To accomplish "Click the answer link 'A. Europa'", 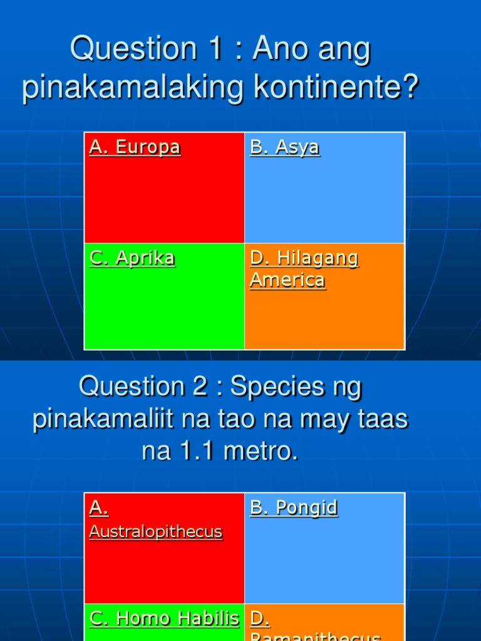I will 135,147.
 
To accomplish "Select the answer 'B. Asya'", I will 285,147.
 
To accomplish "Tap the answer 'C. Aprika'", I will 132,258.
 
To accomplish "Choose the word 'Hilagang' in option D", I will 318,258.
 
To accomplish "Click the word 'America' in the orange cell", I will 287,280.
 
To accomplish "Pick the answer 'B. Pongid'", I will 294,508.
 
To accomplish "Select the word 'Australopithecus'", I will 156,531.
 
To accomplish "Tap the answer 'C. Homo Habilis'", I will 164,618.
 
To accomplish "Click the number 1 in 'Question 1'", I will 215,49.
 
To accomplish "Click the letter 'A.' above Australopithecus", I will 99,508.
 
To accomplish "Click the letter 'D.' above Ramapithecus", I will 259,618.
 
